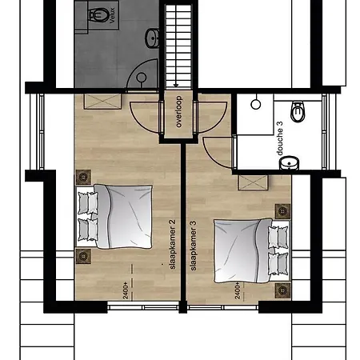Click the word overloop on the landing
[x=178, y=111]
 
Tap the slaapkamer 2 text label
[x=173, y=245]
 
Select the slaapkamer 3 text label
[x=194, y=246]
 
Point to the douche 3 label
[x=280, y=138]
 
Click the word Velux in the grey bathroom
[x=112, y=15]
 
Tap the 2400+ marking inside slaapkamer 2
[x=126, y=291]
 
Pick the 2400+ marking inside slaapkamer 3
[x=238, y=291]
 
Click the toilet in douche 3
[x=297, y=111]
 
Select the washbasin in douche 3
[x=290, y=163]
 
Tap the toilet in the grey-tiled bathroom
[x=98, y=14]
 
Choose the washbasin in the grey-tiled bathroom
[x=153, y=38]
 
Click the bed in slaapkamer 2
[x=114, y=217]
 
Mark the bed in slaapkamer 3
[x=252, y=250]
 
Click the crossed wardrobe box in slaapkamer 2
[x=102, y=102]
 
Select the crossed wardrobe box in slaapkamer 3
[x=253, y=182]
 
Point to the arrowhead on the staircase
[x=176, y=86]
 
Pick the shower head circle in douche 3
[x=256, y=104]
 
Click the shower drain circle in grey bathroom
[x=141, y=78]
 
